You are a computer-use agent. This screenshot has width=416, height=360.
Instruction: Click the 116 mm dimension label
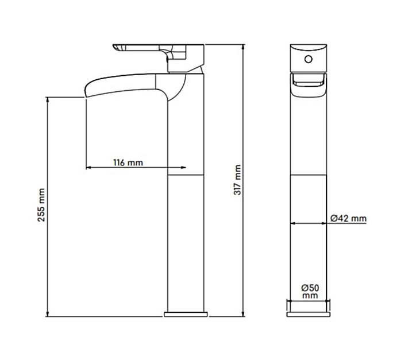point(128,162)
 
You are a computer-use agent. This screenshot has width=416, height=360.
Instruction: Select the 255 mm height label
point(41,205)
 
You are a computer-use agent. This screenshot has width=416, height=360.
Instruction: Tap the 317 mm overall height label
point(237,180)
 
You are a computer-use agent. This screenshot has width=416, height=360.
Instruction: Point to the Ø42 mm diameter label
point(348,218)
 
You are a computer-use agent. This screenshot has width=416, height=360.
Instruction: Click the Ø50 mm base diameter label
point(310,291)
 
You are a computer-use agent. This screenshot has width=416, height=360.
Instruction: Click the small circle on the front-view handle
point(309,59)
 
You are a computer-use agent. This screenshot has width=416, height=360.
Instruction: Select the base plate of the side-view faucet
point(186,315)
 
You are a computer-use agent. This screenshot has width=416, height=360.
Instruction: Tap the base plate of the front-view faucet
point(309,315)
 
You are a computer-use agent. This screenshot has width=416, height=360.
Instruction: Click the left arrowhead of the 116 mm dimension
point(88,168)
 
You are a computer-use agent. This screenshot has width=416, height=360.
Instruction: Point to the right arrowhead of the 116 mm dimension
point(183,168)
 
